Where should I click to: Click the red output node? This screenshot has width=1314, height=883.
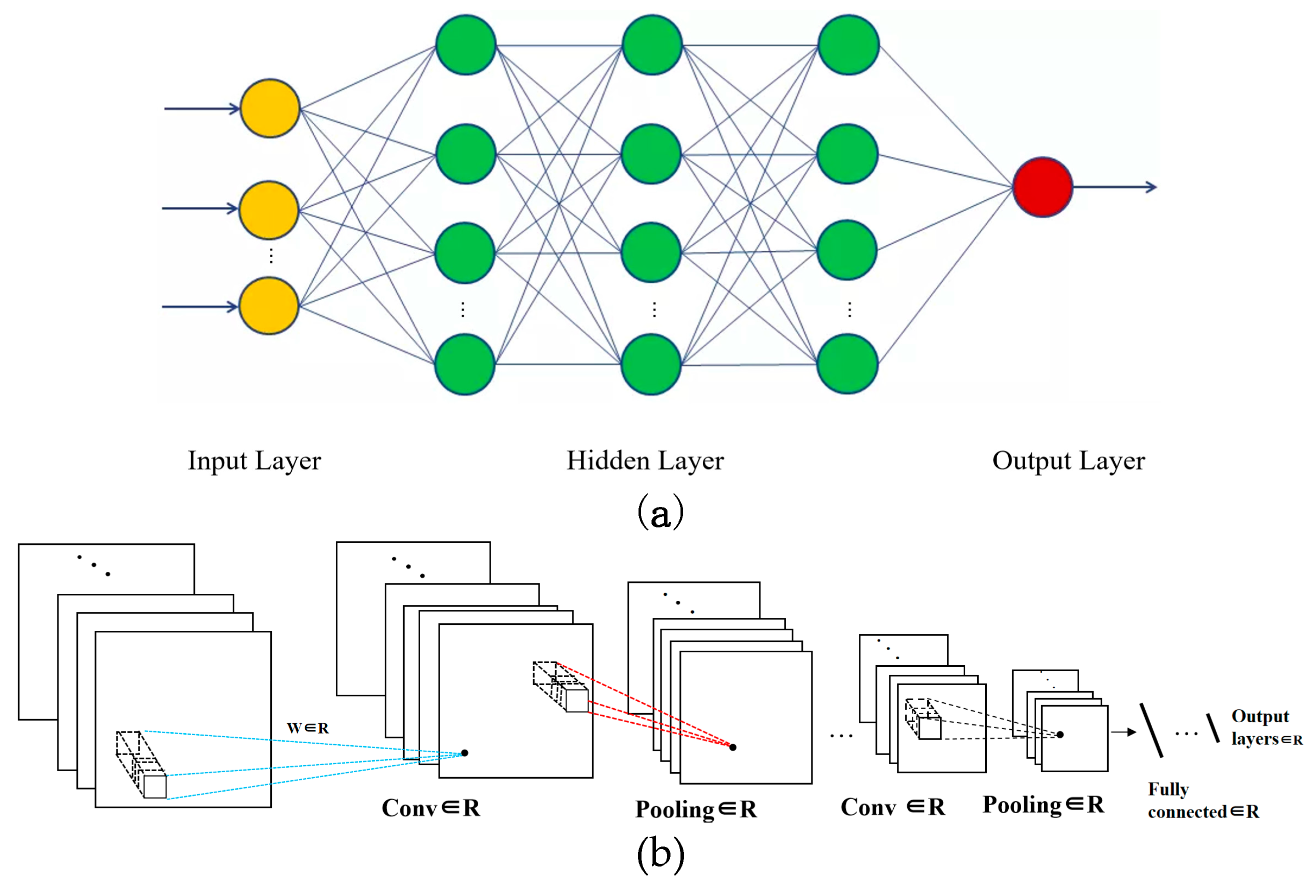click(x=1042, y=187)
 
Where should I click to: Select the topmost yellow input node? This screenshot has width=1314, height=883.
click(x=270, y=108)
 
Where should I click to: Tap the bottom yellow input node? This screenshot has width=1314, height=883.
click(x=269, y=306)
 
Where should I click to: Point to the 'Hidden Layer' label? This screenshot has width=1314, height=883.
click(x=645, y=460)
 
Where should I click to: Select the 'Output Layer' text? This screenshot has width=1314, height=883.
click(x=1068, y=460)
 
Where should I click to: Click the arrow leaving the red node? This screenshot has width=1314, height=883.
click(x=1115, y=187)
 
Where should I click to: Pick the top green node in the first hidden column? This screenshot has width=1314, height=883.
click(x=465, y=44)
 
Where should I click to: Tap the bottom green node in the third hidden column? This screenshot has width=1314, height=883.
click(x=847, y=364)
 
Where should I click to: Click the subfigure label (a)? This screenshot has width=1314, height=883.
click(x=660, y=511)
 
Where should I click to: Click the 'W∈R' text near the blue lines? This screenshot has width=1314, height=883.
click(x=308, y=728)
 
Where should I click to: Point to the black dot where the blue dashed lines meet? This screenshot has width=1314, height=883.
click(x=465, y=753)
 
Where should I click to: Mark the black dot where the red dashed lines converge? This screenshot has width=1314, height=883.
click(x=733, y=747)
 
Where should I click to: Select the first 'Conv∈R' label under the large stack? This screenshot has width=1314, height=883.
click(x=431, y=808)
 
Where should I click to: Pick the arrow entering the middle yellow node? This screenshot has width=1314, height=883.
click(x=200, y=208)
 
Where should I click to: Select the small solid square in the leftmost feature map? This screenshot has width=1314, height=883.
click(x=155, y=787)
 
